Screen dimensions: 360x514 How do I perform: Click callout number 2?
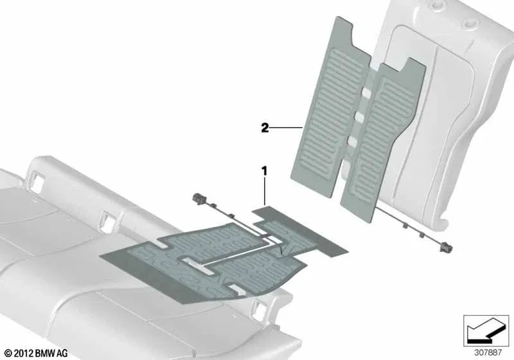264,128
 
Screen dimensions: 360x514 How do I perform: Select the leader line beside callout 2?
287,129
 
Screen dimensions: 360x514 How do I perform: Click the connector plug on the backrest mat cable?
443,243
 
